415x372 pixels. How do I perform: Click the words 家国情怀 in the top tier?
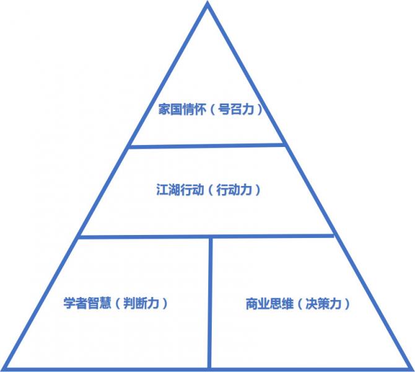182,109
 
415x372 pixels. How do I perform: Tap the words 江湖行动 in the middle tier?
180,190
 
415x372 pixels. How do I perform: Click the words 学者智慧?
87,303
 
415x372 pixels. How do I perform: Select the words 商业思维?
269,304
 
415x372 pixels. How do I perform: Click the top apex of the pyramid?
207,3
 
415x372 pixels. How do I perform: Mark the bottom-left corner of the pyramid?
3,369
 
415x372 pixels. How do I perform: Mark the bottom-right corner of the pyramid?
411,369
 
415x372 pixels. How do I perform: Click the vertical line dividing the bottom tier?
210,303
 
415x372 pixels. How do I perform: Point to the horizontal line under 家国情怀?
207,146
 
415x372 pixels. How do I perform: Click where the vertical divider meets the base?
209,368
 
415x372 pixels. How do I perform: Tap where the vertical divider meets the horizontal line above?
211,236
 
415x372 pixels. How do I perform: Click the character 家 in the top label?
164,109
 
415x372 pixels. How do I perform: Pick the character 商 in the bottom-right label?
251,304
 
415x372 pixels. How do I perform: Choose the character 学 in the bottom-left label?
69,303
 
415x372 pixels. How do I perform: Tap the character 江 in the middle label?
162,190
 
